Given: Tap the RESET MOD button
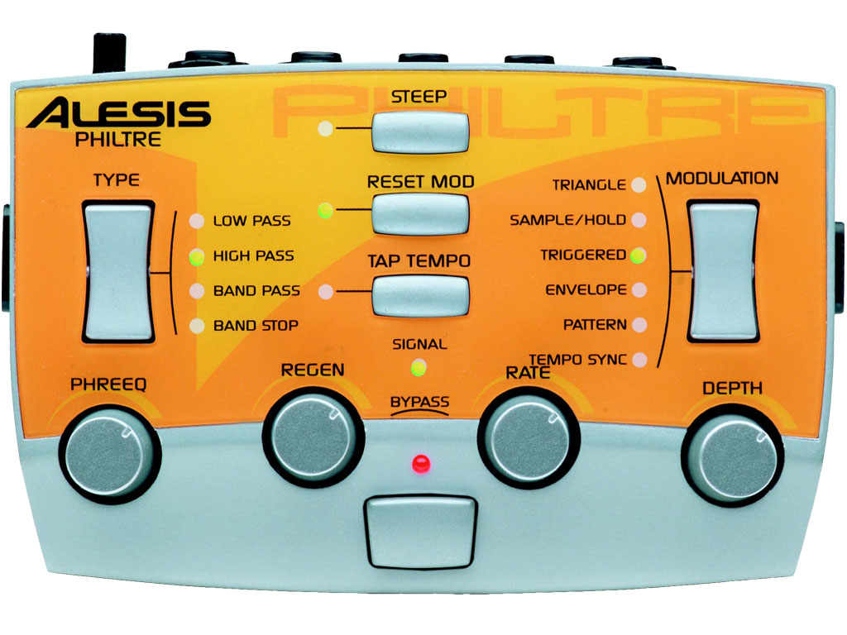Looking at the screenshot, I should (420, 213).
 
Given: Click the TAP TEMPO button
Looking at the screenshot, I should (420, 294).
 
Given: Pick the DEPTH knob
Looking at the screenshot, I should (731, 454).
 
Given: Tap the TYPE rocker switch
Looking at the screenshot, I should (118, 270).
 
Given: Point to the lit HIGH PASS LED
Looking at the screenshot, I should (196, 256).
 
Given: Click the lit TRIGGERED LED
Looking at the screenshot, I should (638, 255).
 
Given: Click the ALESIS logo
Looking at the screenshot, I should (117, 113).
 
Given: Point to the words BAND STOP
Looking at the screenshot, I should (256, 326).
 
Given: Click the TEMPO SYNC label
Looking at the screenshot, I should (576, 360).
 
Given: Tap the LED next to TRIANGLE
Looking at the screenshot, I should (638, 184).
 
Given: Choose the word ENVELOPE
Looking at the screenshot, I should (586, 290).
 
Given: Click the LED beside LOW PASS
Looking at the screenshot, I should (196, 222).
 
